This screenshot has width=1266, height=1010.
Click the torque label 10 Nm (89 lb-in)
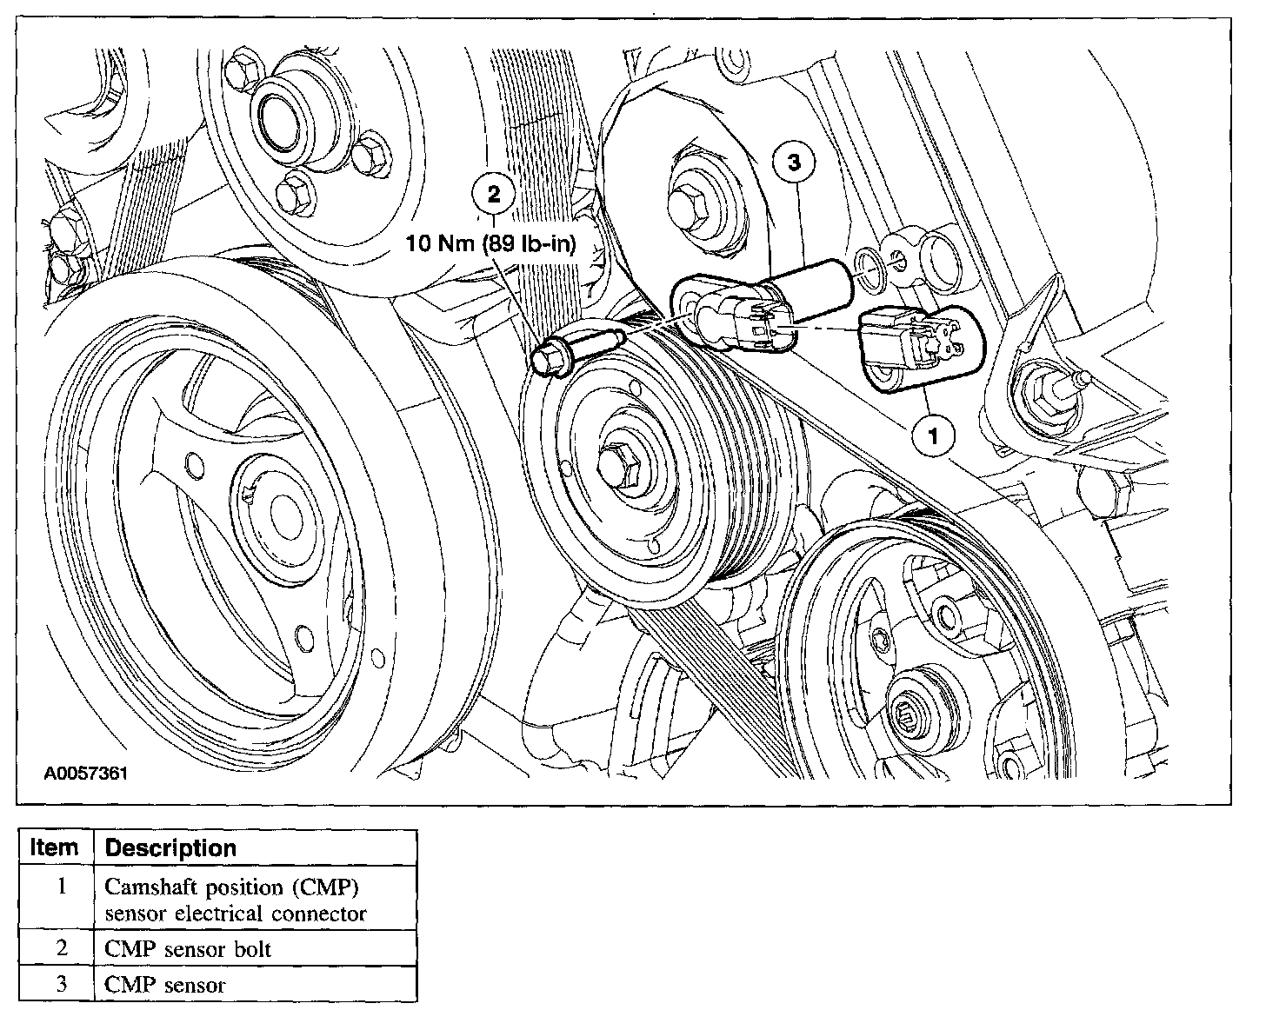click(492, 243)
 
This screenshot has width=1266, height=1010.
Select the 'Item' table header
click(54, 847)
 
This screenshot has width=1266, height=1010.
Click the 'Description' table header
click(170, 848)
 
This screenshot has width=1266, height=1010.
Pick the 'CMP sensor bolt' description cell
click(188, 949)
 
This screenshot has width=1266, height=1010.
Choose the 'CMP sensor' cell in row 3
click(165, 985)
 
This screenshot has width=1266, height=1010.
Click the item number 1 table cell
click(62, 887)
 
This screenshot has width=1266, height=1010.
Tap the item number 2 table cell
click(62, 948)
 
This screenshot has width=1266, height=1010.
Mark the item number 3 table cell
click(62, 985)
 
